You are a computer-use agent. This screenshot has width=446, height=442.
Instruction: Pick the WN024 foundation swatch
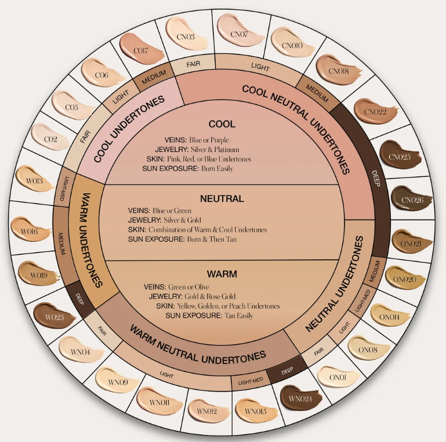[x=298, y=398]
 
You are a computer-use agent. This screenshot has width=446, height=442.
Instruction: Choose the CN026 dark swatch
[x=408, y=199]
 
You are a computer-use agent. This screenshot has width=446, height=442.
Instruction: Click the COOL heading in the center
[x=222, y=124]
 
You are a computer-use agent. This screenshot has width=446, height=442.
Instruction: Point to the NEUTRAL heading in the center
[x=222, y=198]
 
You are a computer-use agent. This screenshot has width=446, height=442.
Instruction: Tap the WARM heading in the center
[x=222, y=273]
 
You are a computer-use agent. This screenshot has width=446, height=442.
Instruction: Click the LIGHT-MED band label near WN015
[x=250, y=381]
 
